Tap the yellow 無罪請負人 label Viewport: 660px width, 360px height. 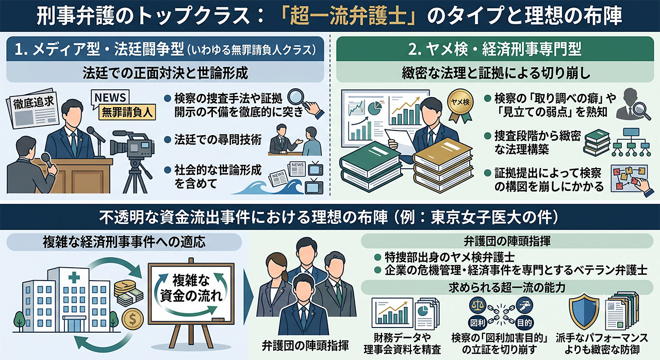[127, 112]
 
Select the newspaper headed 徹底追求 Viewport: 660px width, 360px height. [32, 108]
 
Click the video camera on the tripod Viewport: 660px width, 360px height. [133, 146]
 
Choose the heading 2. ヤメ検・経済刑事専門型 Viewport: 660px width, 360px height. [494, 49]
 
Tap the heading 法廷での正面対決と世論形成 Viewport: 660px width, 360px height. [165, 73]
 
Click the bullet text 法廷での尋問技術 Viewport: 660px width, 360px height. [218, 140]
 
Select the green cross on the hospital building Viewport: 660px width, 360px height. [74, 277]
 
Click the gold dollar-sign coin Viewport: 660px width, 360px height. [133, 319]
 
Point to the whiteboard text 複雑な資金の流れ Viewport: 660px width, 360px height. [191, 288]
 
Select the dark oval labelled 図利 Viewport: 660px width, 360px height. [477, 323]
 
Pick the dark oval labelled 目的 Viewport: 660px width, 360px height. [524, 323]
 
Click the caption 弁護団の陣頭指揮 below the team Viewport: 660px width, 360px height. [305, 346]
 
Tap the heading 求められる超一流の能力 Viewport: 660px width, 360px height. [507, 287]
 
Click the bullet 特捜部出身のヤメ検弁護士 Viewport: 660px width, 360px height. [449, 257]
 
